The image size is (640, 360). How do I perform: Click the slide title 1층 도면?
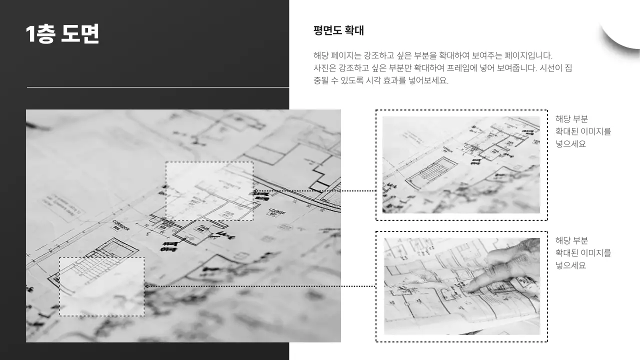tap(62, 34)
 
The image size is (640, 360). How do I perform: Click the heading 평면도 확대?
tap(338, 30)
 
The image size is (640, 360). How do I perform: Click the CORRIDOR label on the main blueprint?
tap(121, 225)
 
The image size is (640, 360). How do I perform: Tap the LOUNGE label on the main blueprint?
tap(276, 211)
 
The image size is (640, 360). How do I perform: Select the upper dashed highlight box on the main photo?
tap(209, 191)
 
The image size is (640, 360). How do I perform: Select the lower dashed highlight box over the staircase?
tap(102, 286)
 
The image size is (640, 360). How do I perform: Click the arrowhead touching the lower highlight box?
tap(147, 286)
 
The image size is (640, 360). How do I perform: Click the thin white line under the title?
tap(157, 87)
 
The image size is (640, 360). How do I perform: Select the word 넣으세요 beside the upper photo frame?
tap(570, 144)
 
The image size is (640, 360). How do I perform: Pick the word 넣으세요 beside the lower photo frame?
tap(570, 265)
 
